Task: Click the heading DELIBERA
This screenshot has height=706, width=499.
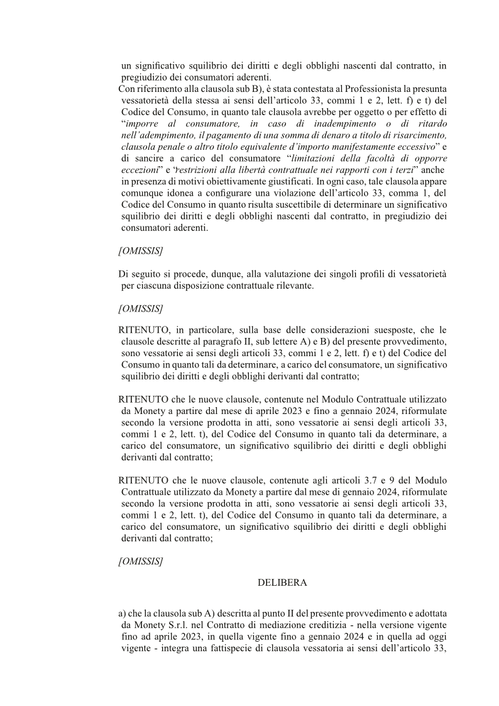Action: pyautogui.click(x=282, y=583)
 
